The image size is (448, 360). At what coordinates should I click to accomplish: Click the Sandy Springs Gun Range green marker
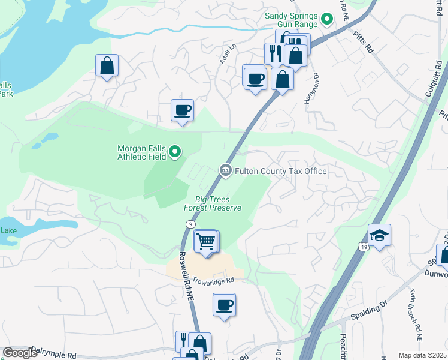click(326, 20)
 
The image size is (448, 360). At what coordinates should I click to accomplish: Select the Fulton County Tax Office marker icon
click(226, 171)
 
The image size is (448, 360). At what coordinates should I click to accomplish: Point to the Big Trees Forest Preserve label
click(218, 203)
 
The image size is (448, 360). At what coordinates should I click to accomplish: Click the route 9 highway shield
click(189, 224)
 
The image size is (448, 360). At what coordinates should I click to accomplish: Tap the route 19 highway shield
click(364, 246)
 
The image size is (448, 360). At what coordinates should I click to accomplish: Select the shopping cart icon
click(206, 242)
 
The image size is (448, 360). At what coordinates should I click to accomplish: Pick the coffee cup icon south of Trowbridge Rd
click(224, 305)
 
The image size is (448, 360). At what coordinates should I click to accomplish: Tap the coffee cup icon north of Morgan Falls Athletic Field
click(182, 110)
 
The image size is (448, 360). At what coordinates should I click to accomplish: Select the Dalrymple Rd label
click(55, 355)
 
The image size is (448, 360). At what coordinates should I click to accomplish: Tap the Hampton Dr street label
click(311, 91)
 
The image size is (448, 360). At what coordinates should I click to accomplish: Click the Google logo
click(20, 353)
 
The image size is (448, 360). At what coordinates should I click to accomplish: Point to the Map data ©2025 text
click(422, 355)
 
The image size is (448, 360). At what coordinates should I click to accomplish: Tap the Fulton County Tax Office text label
click(281, 171)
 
